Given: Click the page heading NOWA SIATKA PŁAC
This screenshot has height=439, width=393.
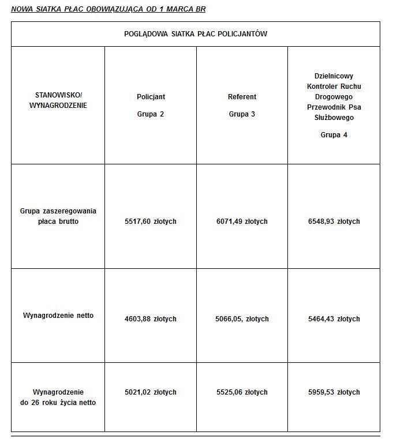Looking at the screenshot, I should point(108,10).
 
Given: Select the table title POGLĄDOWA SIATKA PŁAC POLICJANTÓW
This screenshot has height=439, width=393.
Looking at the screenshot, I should point(196,34).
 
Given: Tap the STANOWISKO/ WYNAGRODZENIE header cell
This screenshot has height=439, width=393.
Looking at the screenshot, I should point(58,100).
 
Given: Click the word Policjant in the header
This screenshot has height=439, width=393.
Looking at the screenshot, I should point(151,97).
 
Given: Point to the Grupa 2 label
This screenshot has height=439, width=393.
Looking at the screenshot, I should point(151,114).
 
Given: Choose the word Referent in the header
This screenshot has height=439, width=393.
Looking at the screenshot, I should point(242,97).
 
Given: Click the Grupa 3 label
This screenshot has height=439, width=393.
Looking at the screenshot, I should point(242,114).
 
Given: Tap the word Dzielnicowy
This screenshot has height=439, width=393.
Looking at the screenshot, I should point(334,76).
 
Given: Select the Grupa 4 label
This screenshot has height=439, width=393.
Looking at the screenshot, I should point(334,135).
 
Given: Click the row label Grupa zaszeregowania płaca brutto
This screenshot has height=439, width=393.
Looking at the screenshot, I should point(58,216).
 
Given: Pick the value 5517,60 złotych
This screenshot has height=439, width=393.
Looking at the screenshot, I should point(151,222).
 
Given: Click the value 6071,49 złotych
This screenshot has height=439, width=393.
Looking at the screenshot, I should point(242,222).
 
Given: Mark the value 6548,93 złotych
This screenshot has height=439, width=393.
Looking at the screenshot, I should point(334,222).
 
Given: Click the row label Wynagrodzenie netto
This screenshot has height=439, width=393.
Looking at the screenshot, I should point(58,316).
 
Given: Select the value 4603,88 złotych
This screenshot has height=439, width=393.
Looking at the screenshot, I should point(151,319).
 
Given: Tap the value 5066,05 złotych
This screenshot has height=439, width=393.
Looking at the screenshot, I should point(242,319).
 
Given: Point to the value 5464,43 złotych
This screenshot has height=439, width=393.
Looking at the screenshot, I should point(334,319).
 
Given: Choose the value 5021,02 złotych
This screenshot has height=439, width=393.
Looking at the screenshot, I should point(151,392).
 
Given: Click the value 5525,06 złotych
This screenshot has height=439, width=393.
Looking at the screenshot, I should point(242,392).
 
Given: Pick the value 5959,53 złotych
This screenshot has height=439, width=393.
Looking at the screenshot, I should point(334,392).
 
